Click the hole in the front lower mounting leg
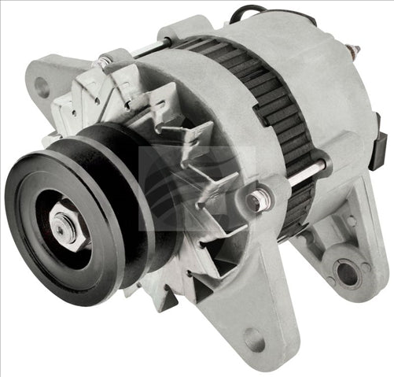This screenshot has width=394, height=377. pos(255,341)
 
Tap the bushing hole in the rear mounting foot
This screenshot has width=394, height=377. pos(347,273)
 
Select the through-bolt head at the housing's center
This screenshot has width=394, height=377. pos(256,201)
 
